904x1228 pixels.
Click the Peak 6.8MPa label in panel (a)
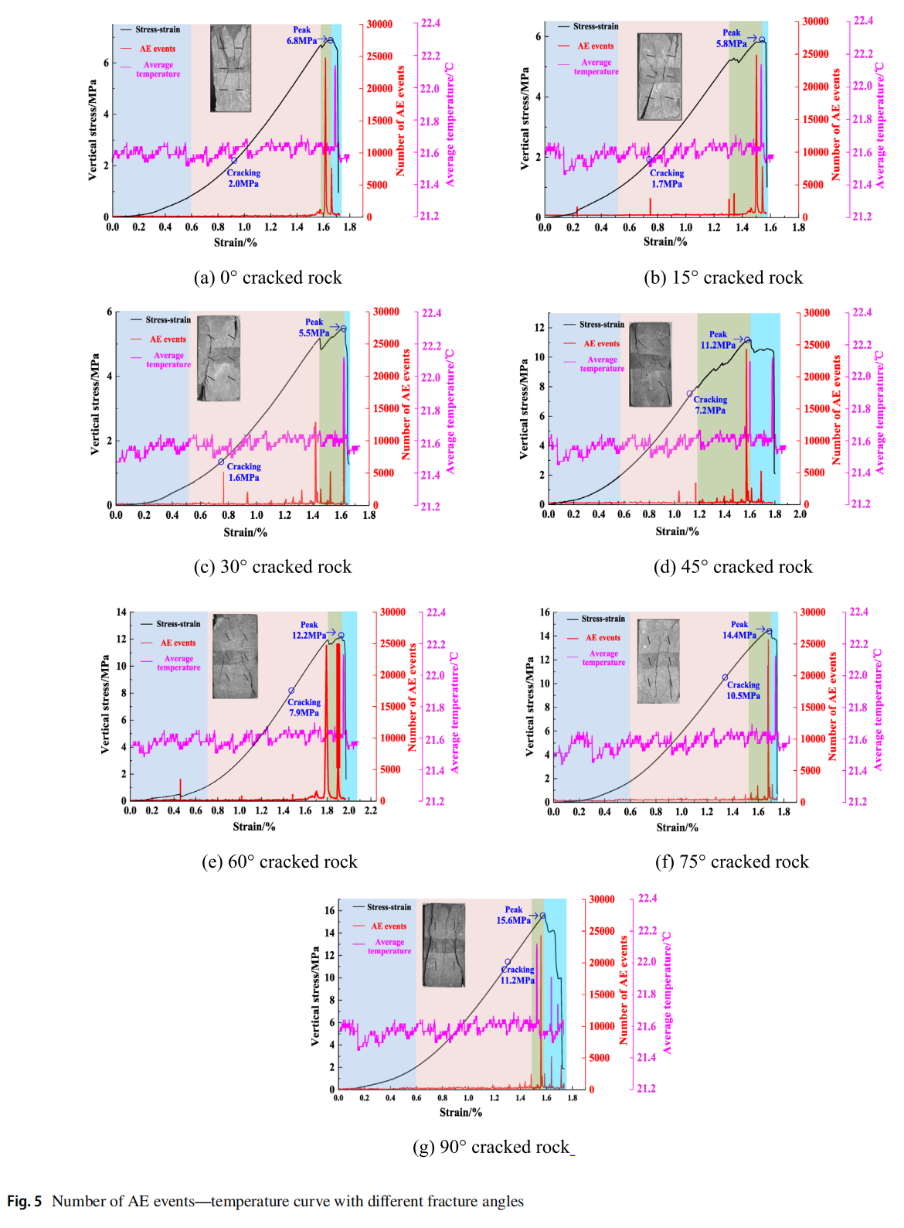tap(301, 36)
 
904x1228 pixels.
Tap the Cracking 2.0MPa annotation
tap(243, 179)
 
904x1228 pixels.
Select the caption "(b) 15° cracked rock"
tap(723, 278)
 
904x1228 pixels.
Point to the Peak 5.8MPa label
tap(731, 39)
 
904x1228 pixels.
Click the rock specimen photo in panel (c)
tap(219, 357)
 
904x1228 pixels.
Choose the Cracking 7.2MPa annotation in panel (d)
tap(710, 405)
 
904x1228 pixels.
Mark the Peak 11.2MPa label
tap(718, 340)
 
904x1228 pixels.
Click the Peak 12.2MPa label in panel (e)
tap(309, 630)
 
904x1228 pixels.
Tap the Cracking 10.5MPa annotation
tap(743, 691)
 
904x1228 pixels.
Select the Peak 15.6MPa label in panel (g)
tap(513, 915)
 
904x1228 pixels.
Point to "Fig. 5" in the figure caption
tap(25, 1201)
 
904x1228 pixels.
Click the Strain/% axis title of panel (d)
tap(677, 531)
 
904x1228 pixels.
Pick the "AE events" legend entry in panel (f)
tap(603, 638)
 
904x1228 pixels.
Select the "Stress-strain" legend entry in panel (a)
tap(158, 29)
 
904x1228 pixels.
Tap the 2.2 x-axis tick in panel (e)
tap(371, 810)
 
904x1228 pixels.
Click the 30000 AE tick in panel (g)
tap(602, 899)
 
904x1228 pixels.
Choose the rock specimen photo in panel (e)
tap(235, 657)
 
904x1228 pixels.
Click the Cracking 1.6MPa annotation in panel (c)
tap(243, 472)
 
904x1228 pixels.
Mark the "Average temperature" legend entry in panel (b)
tap(596, 67)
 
